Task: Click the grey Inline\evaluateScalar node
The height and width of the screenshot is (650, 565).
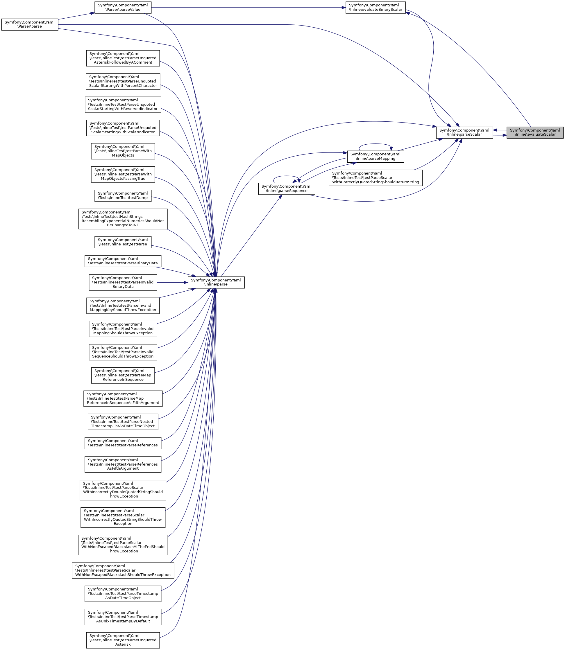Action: (535, 132)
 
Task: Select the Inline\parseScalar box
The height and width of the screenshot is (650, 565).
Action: (464, 132)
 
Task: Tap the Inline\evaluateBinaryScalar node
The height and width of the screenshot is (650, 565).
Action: (375, 7)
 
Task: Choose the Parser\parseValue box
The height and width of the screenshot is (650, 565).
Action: (123, 7)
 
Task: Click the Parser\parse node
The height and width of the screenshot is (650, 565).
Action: (30, 25)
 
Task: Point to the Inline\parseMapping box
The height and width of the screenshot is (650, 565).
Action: (375, 157)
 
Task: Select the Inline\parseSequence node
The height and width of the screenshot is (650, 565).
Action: (286, 189)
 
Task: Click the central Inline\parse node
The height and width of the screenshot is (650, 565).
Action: (216, 282)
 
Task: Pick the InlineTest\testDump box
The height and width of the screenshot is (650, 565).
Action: (123, 196)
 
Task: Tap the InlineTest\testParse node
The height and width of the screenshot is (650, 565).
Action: (123, 242)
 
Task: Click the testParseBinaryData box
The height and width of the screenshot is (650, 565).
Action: (123, 261)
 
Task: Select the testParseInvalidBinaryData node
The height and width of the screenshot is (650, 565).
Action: (123, 282)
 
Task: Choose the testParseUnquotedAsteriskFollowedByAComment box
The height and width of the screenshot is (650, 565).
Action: (123, 58)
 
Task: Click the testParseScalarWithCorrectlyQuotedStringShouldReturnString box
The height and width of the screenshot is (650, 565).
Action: (375, 178)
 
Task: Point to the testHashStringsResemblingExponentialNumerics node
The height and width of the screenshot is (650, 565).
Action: (123, 219)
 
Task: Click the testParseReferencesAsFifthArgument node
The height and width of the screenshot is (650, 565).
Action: (123, 464)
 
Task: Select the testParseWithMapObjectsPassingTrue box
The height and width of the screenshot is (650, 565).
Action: (123, 174)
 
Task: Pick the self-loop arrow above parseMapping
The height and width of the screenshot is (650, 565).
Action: (375, 144)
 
